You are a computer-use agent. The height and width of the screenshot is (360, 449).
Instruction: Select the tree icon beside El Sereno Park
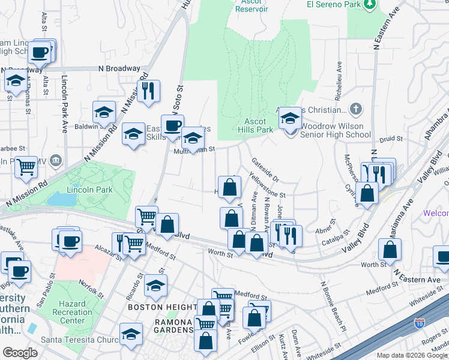point(370,4)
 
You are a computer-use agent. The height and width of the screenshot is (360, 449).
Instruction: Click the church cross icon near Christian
point(356,109)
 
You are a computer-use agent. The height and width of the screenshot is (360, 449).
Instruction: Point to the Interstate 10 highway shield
point(418,325)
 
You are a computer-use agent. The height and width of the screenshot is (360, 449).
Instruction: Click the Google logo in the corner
point(20,352)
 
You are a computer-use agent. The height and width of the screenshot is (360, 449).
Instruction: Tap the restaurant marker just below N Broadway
point(148,91)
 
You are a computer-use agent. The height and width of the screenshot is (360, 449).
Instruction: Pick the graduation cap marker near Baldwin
point(104,112)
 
